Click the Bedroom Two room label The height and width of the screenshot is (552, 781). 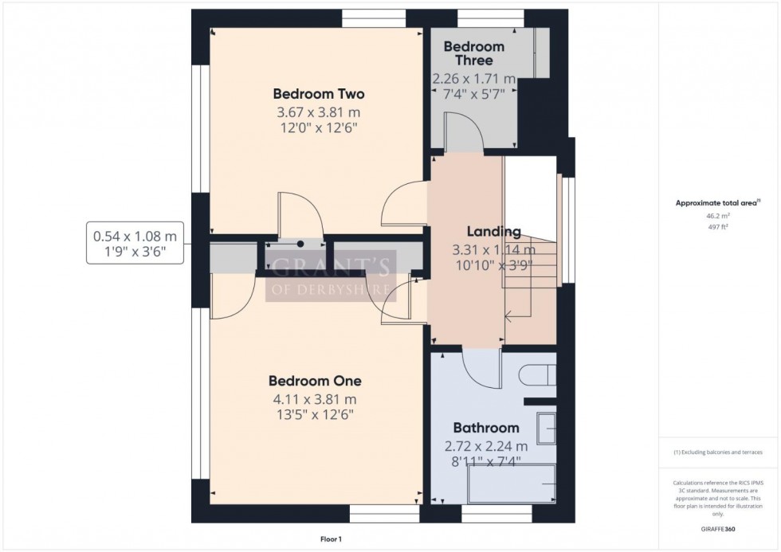pyautogui.click(x=319, y=93)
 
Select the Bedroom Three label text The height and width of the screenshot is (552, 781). pyautogui.click(x=474, y=53)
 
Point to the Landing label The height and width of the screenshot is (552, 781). pyautogui.click(x=494, y=233)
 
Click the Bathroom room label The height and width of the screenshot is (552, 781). pyautogui.click(x=486, y=428)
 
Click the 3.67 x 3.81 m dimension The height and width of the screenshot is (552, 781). pyautogui.click(x=319, y=112)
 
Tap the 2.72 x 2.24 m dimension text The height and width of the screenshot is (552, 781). pyautogui.click(x=486, y=446)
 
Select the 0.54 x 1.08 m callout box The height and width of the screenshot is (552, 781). pyautogui.click(x=135, y=243)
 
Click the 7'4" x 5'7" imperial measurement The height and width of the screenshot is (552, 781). pyautogui.click(x=474, y=94)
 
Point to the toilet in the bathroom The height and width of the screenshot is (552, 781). pyautogui.click(x=536, y=374)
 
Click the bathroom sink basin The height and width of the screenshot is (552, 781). pyautogui.click(x=547, y=427)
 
